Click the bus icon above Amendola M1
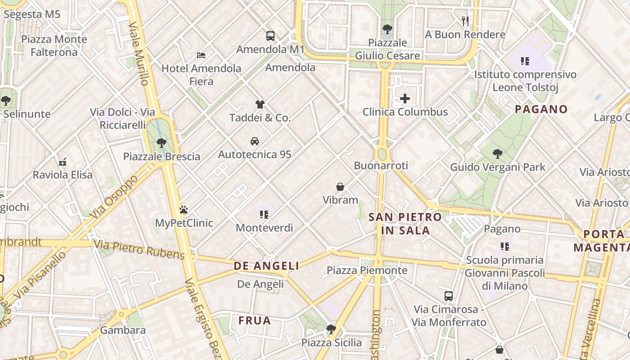click(x=270, y=36)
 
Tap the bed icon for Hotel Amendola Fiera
click(x=201, y=55)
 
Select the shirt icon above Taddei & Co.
click(x=260, y=104)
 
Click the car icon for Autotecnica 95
click(x=254, y=141)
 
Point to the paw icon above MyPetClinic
click(x=184, y=210)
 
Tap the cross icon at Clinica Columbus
click(x=405, y=99)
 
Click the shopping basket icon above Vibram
click(x=340, y=187)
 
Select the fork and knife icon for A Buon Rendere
click(x=465, y=21)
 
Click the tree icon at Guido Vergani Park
click(x=498, y=154)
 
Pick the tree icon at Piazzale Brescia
click(x=161, y=143)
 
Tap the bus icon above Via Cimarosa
click(x=449, y=296)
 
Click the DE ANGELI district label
click(x=266, y=266)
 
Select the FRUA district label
click(x=255, y=321)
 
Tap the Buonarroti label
click(x=381, y=166)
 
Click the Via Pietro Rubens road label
click(x=139, y=250)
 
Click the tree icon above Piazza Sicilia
click(x=331, y=329)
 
